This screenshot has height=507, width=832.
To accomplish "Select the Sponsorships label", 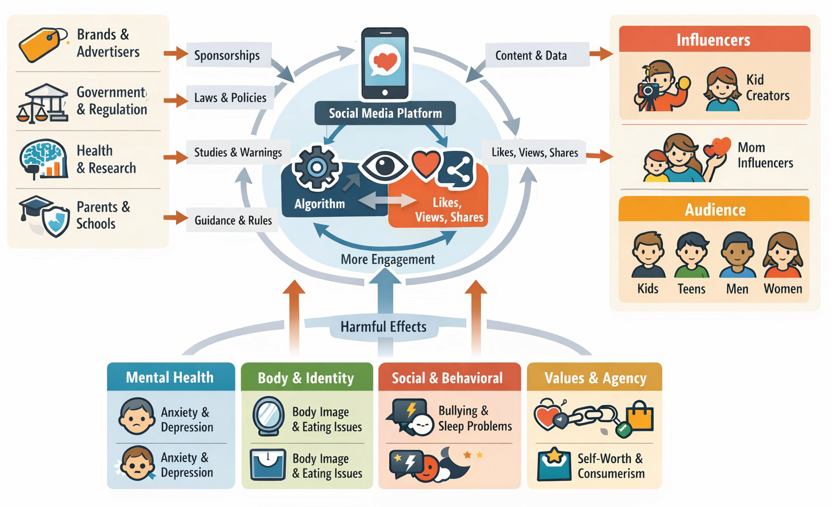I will click(227, 55).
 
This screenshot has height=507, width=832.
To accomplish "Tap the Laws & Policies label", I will click(230, 98).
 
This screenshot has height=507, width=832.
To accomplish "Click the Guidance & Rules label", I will click(233, 220).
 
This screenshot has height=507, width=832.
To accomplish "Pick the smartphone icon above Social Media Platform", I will click(385, 63).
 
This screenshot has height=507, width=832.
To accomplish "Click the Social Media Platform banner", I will click(385, 113).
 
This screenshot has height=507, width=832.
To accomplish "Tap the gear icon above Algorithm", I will click(316, 167).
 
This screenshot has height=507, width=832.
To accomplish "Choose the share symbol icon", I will click(458, 168).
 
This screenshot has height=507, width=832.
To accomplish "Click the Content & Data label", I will click(531, 55).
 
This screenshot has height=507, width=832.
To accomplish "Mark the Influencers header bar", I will click(714, 39).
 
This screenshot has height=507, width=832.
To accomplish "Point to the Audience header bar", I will click(714, 209).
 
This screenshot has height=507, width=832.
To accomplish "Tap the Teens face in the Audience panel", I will click(691, 253).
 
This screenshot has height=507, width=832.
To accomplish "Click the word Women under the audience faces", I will click(782, 289).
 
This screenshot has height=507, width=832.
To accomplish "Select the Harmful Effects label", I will click(384, 327).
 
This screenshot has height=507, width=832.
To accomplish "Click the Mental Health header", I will click(170, 377).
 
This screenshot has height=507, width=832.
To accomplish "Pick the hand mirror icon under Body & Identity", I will click(268, 416).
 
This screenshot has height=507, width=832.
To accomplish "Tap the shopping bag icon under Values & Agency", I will click(639, 415).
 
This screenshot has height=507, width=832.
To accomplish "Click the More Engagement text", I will click(388, 259).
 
